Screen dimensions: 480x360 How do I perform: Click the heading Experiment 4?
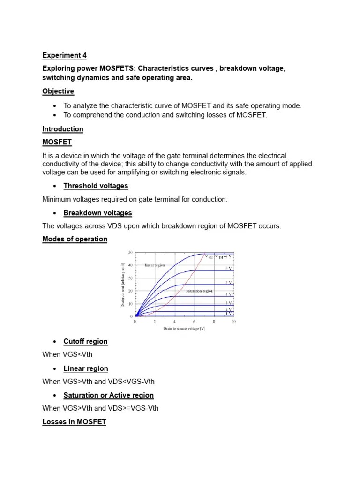[x=64, y=55]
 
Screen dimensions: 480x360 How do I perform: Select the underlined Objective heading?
[x=58, y=91]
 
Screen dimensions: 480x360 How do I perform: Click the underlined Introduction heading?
[x=63, y=129]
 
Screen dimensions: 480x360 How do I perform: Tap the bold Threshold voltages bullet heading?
[x=96, y=186]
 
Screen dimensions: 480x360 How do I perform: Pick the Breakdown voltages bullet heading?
[x=97, y=213]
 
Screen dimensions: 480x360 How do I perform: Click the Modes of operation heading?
[x=75, y=239]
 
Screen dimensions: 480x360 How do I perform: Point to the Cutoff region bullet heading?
[x=85, y=341]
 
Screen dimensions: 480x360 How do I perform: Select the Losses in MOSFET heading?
[x=74, y=422]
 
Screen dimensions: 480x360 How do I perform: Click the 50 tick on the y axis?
[x=130, y=253]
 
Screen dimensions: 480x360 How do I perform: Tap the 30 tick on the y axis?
[x=130, y=278]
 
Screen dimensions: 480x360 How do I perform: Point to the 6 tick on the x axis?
[x=194, y=322]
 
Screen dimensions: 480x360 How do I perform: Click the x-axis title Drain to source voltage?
[x=184, y=329]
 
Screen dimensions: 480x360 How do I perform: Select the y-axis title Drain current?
[x=123, y=285]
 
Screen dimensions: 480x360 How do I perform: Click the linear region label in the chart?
[x=155, y=265]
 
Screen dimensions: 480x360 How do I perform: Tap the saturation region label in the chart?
[x=199, y=291]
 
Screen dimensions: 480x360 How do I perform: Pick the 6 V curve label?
[x=229, y=268]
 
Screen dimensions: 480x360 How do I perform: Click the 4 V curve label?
[x=229, y=294]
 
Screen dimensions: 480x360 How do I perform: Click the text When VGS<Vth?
[x=67, y=354]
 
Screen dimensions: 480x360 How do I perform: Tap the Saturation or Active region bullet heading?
[x=108, y=395]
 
